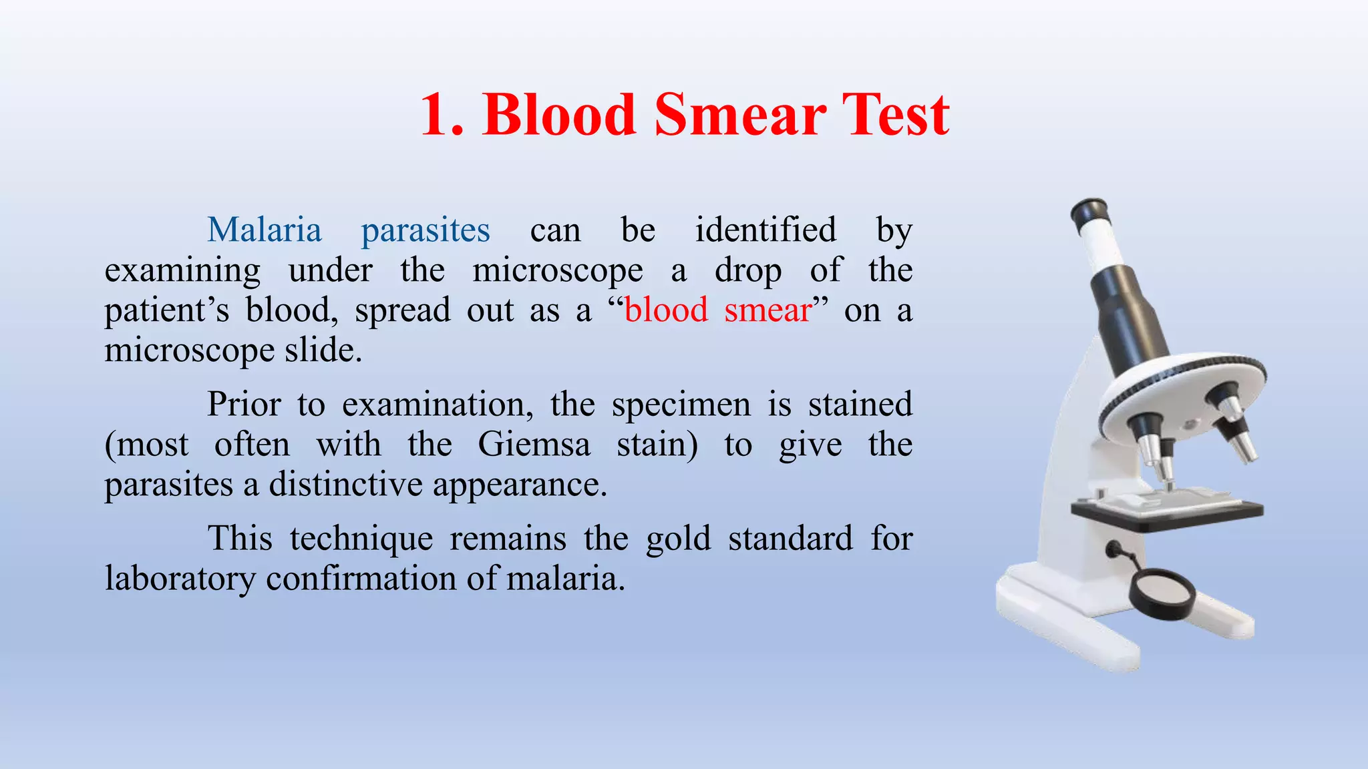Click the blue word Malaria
point(265,230)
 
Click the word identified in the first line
point(765,230)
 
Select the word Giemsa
point(534,445)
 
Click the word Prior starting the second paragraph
point(244,405)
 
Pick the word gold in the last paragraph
point(678,539)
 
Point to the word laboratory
point(180,579)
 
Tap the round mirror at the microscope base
point(1162,593)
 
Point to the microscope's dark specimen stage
point(1166,513)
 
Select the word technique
point(361,539)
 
